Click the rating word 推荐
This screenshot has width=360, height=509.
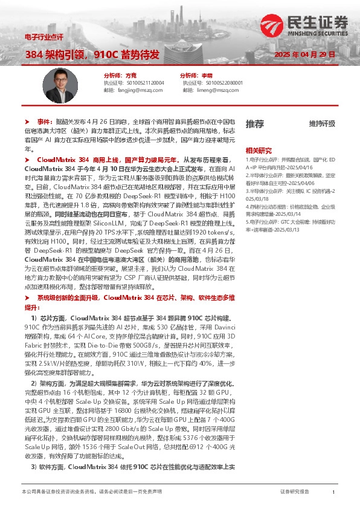pos(254,124)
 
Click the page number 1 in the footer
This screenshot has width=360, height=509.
pos(333,492)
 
